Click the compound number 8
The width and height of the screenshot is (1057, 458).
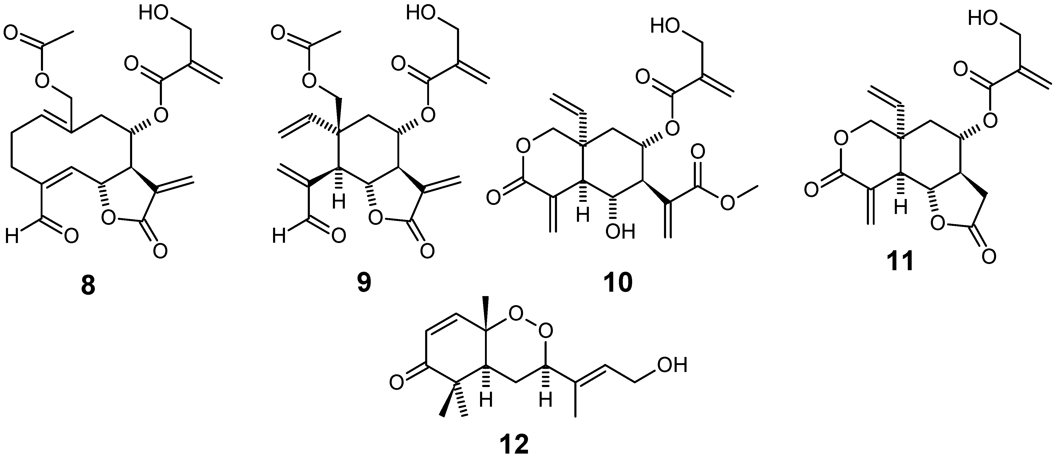click(x=88, y=286)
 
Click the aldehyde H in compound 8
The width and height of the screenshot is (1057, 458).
click(x=12, y=237)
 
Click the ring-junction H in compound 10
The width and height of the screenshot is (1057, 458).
click(x=582, y=216)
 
